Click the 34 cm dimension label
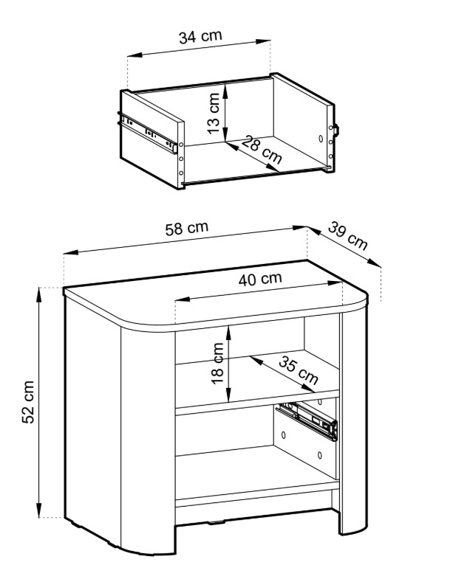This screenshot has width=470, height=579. tap(200, 37)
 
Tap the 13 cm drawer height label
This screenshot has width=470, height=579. tap(214, 114)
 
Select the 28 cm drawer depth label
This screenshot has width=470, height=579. tap(262, 150)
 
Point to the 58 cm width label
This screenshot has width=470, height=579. tap(186, 228)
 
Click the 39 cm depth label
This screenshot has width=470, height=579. tap(348, 236)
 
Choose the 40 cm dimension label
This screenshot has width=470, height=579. tap(260, 279)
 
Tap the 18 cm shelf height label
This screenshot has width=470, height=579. tap(217, 364)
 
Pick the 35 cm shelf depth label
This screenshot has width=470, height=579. tap(299, 370)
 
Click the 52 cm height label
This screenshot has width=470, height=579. tap(28, 402)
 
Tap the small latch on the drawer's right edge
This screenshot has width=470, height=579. tap(336, 130)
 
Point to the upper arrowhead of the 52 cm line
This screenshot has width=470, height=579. tap(38, 294)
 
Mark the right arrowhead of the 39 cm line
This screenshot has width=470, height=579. tap(374, 263)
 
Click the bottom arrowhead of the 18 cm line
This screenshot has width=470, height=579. tap(228, 395)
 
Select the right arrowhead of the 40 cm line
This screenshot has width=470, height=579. tap(335, 282)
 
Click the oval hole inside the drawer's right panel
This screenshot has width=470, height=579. tap(321, 139)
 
